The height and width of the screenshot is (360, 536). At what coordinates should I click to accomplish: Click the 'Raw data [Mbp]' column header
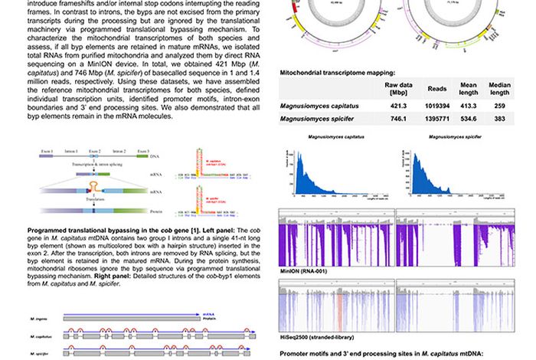397,88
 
